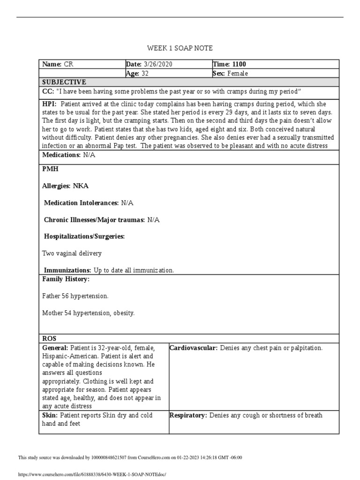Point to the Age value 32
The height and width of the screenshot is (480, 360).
pos(145,73)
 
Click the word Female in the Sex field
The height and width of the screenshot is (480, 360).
pos(238,73)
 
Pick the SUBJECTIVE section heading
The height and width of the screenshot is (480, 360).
pos(64,82)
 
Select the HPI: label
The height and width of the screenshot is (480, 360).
pos(50,104)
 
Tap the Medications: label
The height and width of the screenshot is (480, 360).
pos(61,155)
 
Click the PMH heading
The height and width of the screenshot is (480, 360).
pos(50,168)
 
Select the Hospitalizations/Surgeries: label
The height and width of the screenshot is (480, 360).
pos(84,236)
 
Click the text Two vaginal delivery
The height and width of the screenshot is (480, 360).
pos(72,253)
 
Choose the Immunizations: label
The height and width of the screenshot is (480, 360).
pos(67,270)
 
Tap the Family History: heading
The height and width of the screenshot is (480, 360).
pos(66,279)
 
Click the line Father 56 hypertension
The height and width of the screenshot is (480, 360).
pos(75,296)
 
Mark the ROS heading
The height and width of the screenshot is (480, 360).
pos(49,338)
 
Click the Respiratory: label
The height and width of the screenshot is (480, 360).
pos(188,415)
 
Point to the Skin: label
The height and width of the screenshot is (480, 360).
pos(50,415)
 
